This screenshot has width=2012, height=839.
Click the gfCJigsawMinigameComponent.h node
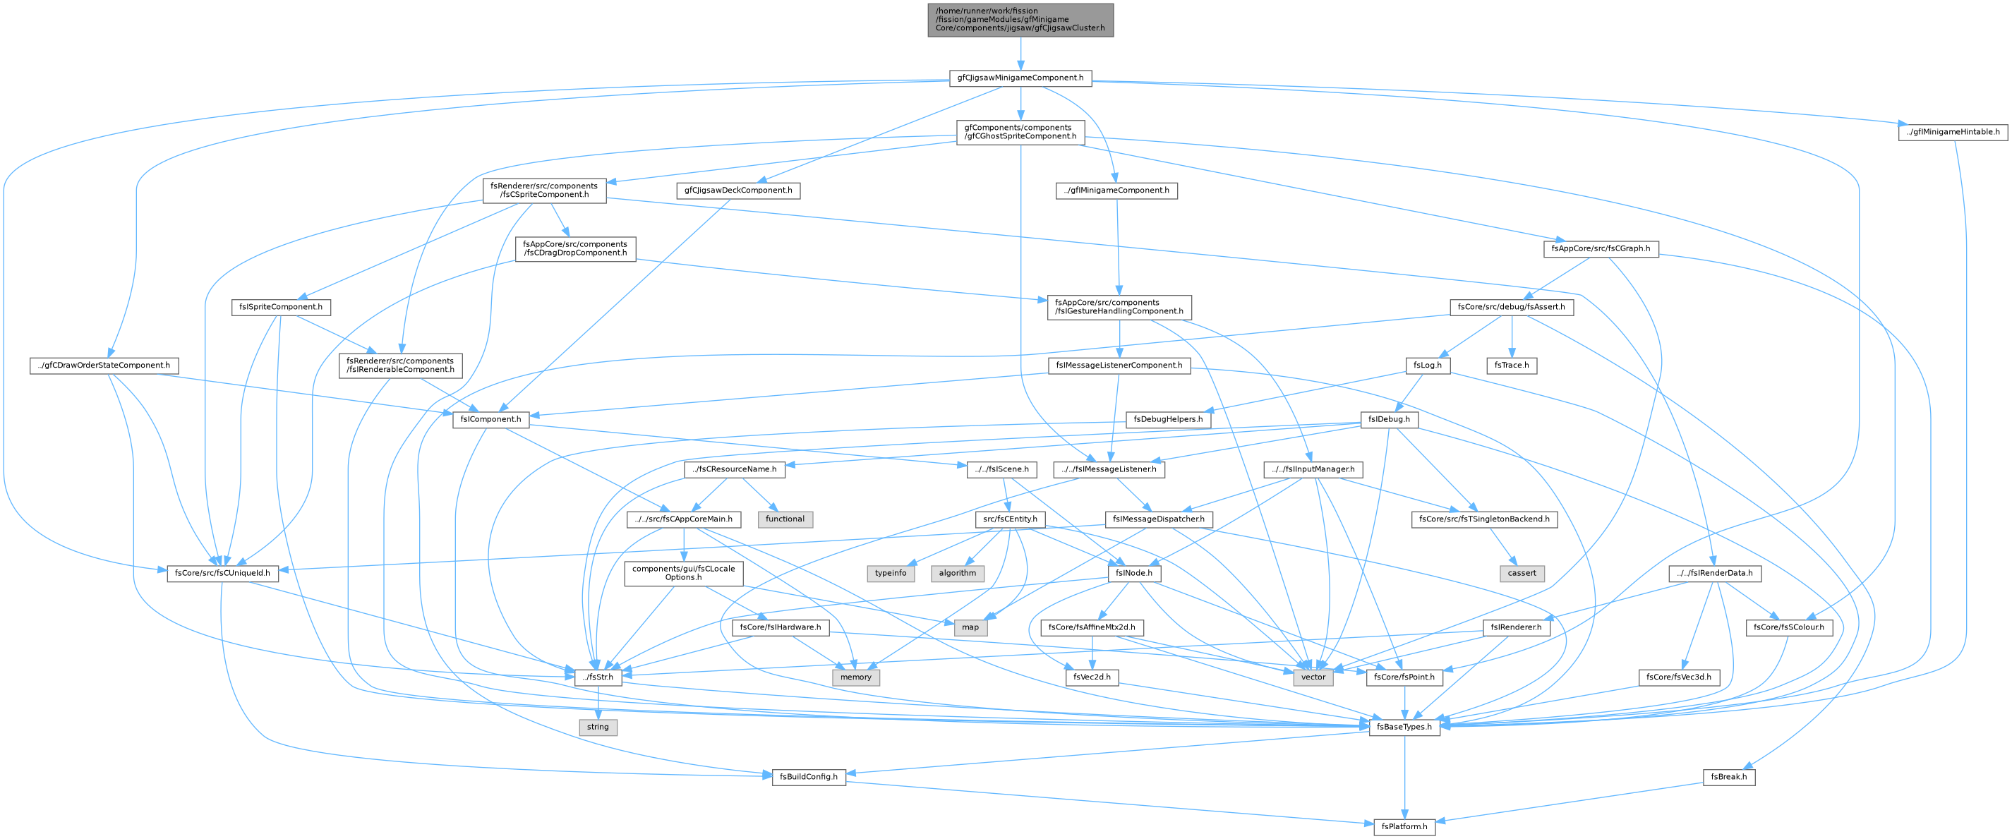1020,78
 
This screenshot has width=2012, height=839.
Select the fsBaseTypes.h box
1404,727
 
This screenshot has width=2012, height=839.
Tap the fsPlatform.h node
1404,826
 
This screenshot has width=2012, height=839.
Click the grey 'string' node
598,727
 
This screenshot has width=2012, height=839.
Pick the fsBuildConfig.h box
808,776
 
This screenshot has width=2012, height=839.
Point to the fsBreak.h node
1728,776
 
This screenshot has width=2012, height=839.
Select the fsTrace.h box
1512,365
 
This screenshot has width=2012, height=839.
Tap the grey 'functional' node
785,519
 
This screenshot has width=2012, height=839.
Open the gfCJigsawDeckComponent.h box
738,191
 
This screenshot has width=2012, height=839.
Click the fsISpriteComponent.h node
281,308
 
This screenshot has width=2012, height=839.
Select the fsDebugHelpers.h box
1168,419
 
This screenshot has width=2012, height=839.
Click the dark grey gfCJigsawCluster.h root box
1020,20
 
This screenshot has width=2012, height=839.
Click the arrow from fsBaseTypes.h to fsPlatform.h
1404,776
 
